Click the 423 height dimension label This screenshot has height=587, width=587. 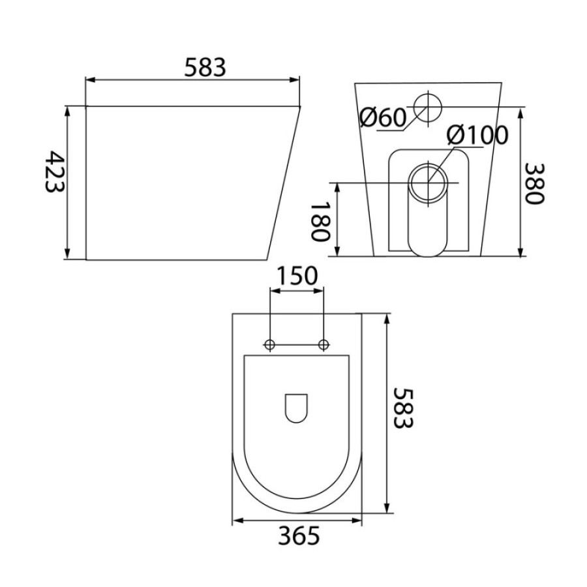tap(55, 172)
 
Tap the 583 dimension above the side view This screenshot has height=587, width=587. tap(205, 67)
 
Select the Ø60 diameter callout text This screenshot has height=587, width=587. tap(383, 117)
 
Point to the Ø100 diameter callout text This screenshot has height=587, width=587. tap(477, 135)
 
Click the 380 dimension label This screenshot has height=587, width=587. tap(534, 183)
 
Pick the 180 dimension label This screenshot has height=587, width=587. tap(321, 222)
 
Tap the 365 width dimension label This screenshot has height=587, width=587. tap(299, 535)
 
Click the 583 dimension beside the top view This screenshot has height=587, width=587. tap(403, 408)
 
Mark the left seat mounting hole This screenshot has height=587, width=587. tap(269, 344)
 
